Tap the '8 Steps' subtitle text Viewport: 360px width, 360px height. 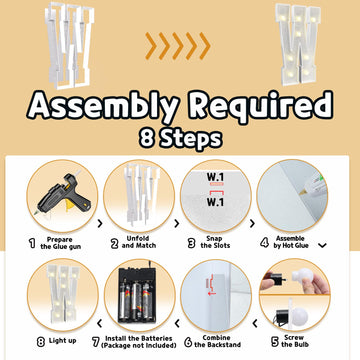tap(181, 139)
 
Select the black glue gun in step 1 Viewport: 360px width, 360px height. tap(63, 194)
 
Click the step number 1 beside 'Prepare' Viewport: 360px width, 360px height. tap(32, 244)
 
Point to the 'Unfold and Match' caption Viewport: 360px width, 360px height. tap(138, 242)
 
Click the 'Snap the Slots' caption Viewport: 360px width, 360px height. tap(215, 242)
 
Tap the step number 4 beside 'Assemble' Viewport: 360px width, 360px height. tap(264, 243)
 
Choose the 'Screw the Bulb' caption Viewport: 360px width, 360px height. tap(295, 341)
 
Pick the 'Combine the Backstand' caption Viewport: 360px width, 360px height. tap(218, 341)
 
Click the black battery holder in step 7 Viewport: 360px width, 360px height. tap(137, 294)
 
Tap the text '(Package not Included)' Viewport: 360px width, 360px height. tap(139, 345)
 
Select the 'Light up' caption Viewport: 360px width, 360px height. tap(62, 341)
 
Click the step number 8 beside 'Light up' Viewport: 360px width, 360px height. tap(41, 342)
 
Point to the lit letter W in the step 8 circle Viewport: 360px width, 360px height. tap(63, 293)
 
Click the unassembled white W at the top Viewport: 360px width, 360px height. tap(69, 46)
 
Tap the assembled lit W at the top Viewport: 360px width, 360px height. tap(297, 44)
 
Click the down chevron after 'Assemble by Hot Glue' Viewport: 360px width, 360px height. tap(322, 245)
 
